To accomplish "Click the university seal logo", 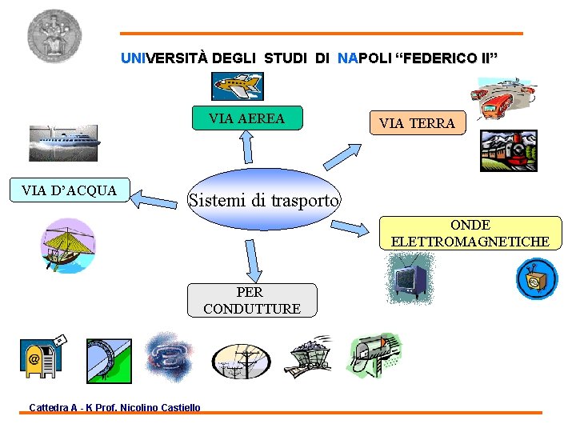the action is coord(54,36).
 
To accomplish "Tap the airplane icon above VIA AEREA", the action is coord(238,86).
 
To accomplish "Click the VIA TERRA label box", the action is coord(417,123).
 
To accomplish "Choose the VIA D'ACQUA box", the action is coord(70,190).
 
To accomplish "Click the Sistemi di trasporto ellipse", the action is coord(263,199).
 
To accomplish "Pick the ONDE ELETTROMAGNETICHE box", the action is coord(470,233).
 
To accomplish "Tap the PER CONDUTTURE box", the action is coord(252,300).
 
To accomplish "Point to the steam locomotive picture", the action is coord(508,150).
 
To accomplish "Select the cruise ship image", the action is coord(63,143).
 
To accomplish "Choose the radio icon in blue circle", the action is coord(536,279).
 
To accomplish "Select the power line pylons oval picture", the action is coord(242,362).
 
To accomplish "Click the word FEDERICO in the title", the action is coord(442,58).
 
